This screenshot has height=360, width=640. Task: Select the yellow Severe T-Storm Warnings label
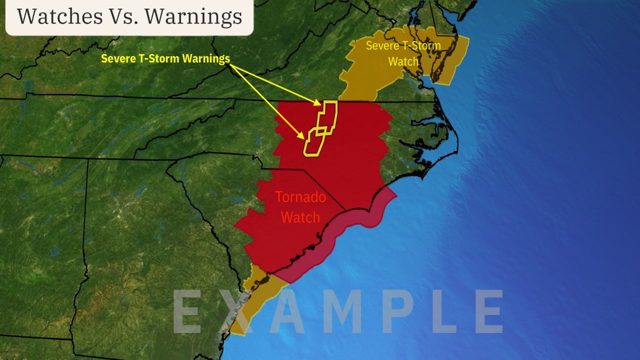coord(165,58)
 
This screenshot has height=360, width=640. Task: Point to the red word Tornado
coord(300,197)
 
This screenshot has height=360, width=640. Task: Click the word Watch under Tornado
coord(300,217)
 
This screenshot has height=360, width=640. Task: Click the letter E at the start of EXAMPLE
coord(188,311)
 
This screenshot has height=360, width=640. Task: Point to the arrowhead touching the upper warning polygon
coord(318,103)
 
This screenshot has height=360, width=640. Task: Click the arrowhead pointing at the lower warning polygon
coord(302,136)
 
